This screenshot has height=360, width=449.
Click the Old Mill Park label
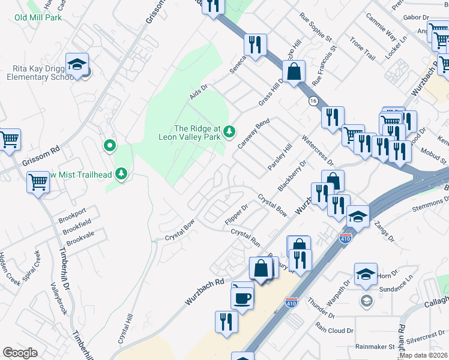click(x=38, y=17)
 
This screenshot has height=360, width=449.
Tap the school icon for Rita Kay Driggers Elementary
click(x=77, y=65)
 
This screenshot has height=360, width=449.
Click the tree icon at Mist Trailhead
click(x=122, y=174)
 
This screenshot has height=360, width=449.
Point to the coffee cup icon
click(x=243, y=296)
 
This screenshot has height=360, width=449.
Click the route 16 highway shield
click(x=313, y=101)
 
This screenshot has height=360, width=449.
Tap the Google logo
click(x=20, y=353)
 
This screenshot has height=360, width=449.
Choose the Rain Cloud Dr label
click(x=334, y=329)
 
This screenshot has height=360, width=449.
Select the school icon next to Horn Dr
click(x=365, y=275)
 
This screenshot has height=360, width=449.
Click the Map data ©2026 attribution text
click(x=423, y=355)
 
